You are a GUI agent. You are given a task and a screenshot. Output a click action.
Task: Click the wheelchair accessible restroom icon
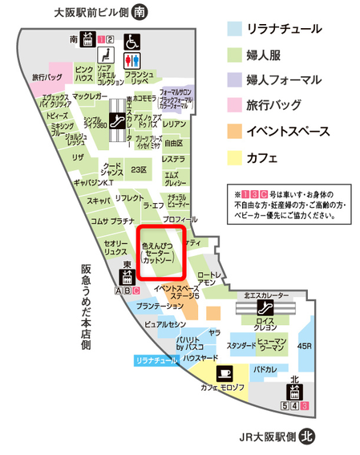[131, 41]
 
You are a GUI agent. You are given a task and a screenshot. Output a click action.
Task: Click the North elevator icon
[294, 393]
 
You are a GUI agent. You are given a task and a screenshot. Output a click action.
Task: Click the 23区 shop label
[139, 169]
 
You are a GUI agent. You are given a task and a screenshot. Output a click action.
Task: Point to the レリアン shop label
[174, 124]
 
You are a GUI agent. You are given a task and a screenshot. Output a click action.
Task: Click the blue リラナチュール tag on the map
[156, 362]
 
